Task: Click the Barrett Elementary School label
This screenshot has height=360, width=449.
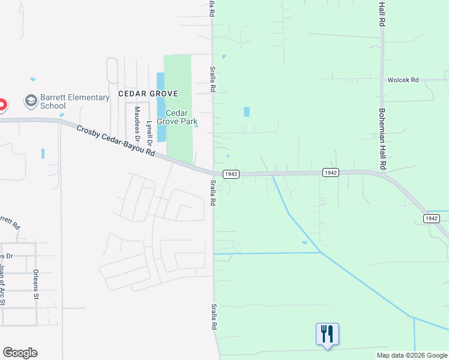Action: click(x=74, y=101)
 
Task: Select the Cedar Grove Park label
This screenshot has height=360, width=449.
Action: click(x=176, y=117)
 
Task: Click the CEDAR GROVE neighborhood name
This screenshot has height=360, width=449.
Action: click(x=148, y=94)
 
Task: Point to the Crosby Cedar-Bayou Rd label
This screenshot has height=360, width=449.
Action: click(x=116, y=140)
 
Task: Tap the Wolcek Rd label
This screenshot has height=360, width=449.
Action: click(x=402, y=80)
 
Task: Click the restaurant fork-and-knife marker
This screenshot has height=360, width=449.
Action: click(x=327, y=334)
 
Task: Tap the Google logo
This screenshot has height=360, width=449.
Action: click(x=20, y=353)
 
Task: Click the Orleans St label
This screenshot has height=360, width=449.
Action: click(x=36, y=280)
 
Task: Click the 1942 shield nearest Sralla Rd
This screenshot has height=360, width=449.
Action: click(x=231, y=174)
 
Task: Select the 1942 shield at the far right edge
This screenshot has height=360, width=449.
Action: click(x=432, y=218)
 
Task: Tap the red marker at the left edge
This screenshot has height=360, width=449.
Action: click(x=2, y=105)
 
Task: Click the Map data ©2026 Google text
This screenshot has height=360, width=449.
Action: click(x=411, y=355)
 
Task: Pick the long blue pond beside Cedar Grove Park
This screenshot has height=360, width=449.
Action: click(x=161, y=108)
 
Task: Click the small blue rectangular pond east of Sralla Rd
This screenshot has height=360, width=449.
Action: click(x=247, y=112)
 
